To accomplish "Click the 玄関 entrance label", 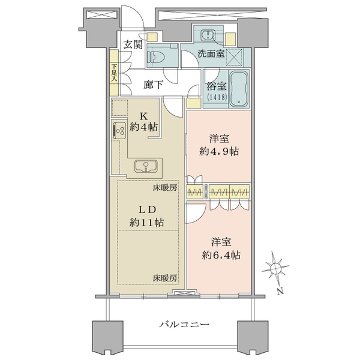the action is click(x=133, y=44).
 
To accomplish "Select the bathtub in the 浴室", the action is click(x=239, y=89).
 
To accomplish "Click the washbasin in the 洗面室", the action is click(x=208, y=35).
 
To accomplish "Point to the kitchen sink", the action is click(x=146, y=166).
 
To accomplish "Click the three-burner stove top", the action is click(x=119, y=130).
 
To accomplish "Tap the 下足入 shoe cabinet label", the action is click(x=114, y=73).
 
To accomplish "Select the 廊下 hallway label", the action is click(x=153, y=85).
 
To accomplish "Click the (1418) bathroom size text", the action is click(x=217, y=97).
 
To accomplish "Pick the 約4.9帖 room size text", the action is click(x=219, y=152).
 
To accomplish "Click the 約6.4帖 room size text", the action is click(x=221, y=255).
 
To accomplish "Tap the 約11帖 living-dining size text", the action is click(x=146, y=223).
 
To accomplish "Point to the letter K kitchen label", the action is click(x=144, y=116).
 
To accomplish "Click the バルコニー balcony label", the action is click(x=185, y=325).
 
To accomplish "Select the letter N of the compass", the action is click(x=280, y=292).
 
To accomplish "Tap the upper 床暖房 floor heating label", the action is click(x=165, y=188).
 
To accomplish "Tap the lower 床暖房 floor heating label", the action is click(x=165, y=278).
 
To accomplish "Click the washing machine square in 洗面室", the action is click(x=234, y=58).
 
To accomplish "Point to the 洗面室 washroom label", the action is click(x=211, y=54).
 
